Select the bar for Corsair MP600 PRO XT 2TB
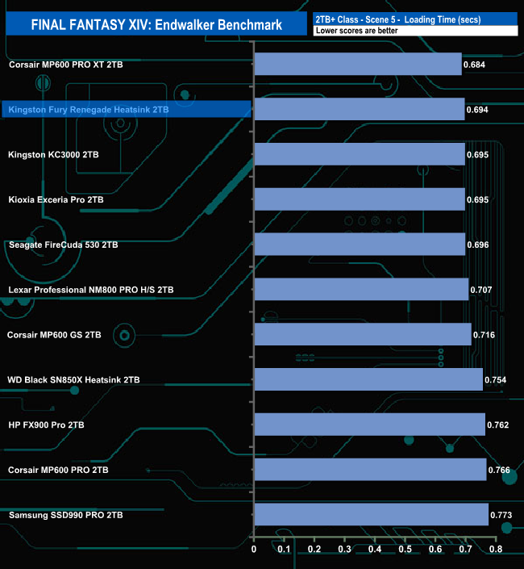357,64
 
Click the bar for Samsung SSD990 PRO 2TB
371,515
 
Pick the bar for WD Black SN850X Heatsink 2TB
368,379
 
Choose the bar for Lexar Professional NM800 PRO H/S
360,289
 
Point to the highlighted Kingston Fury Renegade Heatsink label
88,108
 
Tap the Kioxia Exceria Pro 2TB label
56,199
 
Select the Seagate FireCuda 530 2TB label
63,244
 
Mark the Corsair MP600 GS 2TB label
54,334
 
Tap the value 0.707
481,289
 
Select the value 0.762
497,425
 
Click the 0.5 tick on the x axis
405,550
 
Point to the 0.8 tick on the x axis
495,550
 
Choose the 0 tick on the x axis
254,550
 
